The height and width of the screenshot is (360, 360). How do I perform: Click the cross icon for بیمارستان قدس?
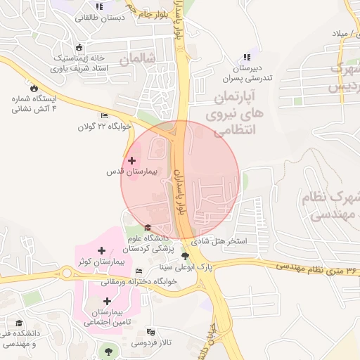(x=131, y=161)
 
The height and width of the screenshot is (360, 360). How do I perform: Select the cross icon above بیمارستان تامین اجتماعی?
(x=107, y=301)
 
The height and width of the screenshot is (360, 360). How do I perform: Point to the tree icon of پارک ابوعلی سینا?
(x=185, y=257)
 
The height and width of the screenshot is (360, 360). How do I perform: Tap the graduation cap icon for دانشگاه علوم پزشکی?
(x=148, y=227)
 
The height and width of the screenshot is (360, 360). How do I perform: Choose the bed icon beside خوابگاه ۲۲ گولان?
(x=105, y=116)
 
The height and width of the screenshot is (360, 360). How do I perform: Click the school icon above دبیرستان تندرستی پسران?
(x=246, y=57)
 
